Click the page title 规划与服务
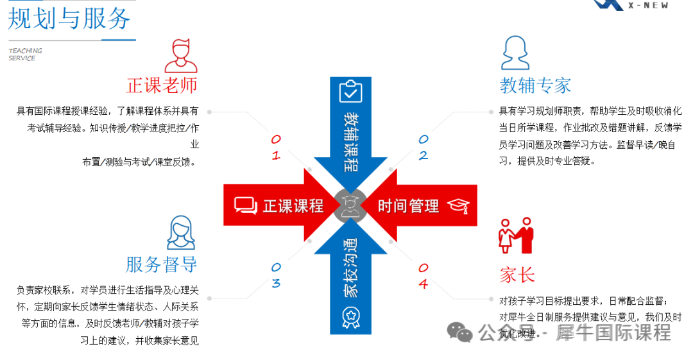pos(69,19)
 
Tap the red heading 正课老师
pos(162,85)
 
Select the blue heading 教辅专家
pos(535,85)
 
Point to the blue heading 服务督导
pos(161,264)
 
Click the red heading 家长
pos(517,275)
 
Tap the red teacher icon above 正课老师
pos(181,56)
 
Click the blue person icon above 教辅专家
pos(515,53)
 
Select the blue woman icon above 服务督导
pos(181,233)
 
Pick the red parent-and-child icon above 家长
pos(516,235)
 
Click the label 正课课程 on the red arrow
pos(293,206)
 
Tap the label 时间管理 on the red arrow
pos(408,206)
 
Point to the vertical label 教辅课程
pos(351,142)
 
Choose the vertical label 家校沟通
pos(350,268)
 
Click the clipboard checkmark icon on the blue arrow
pos(350,91)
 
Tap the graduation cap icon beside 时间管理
pos(458,206)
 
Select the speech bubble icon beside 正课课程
pos(246,205)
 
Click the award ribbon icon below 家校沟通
pos(351,318)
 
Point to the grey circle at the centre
pos(350,205)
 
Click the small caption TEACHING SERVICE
pos(25,55)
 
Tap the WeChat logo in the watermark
pos(459,332)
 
